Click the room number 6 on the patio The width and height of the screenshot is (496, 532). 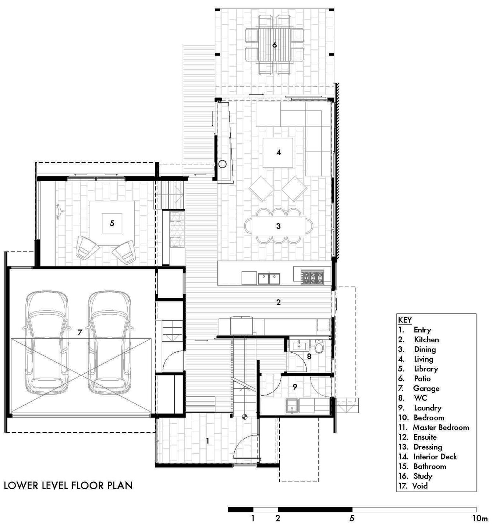[x=274, y=45]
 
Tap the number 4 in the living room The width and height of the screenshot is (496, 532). [x=279, y=152]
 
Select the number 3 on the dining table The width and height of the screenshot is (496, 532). [x=279, y=226]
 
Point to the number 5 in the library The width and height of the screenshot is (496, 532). [x=112, y=223]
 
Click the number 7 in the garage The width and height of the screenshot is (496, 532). [x=80, y=332]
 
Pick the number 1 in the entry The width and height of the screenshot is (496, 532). [x=208, y=441]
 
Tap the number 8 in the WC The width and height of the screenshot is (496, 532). [x=309, y=356]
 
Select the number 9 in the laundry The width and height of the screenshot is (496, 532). [x=295, y=387]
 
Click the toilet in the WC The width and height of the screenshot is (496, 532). [x=320, y=346]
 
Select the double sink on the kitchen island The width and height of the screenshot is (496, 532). [x=269, y=279]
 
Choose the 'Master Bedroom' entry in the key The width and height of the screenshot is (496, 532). [x=440, y=427]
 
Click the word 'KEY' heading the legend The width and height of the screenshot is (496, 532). [x=405, y=320]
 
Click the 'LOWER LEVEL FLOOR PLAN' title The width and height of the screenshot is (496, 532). [x=68, y=485]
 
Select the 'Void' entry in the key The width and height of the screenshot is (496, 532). [x=419, y=486]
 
